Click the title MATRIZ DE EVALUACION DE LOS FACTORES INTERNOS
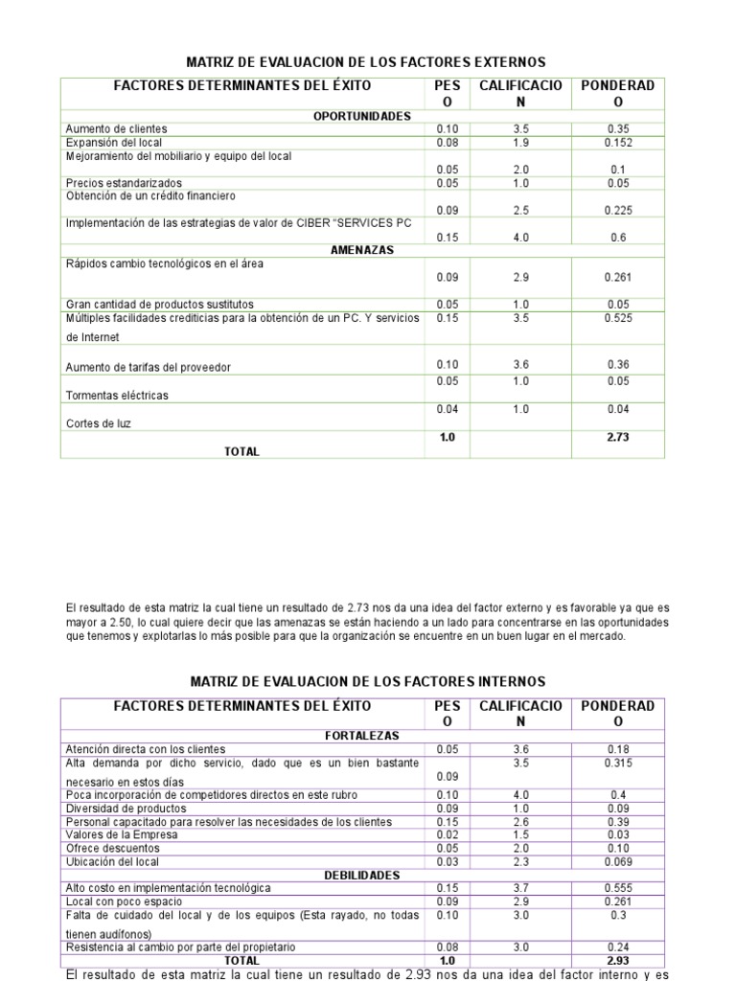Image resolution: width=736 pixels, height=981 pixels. point(367,682)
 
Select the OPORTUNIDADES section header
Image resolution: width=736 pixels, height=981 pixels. point(362,116)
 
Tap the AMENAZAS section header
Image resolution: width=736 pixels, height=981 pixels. point(362,249)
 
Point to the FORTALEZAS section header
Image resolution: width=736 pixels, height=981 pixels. point(362,736)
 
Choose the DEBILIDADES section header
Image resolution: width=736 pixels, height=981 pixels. point(362,875)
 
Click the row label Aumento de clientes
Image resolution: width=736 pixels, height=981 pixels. point(116,129)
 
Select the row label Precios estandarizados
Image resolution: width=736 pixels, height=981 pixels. point(123,183)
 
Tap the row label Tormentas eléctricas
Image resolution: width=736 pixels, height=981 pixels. point(116,395)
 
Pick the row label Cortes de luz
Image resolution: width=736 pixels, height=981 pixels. point(100,422)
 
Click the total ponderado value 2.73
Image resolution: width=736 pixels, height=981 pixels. point(617,437)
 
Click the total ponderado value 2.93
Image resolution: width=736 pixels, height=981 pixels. point(617,960)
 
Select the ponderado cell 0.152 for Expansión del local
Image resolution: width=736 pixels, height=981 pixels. point(618,143)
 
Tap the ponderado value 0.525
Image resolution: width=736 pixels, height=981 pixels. point(617,319)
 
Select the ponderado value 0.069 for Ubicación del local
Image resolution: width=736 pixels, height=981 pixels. point(617,861)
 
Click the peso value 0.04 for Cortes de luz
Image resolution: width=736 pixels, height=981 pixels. point(447,409)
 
